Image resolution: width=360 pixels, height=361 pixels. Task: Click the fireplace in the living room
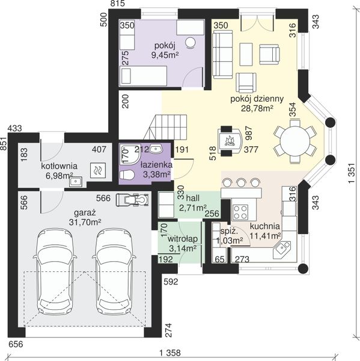[230, 141]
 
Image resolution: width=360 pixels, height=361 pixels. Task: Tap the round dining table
[295, 141]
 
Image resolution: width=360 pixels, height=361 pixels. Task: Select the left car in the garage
[55, 272]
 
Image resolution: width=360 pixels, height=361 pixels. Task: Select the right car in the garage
[114, 272]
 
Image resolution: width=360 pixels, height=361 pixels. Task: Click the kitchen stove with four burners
[240, 212]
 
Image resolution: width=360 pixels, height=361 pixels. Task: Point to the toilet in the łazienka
[127, 174]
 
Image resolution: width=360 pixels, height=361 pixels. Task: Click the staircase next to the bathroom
[165, 127]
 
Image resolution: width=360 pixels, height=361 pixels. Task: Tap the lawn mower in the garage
[132, 200]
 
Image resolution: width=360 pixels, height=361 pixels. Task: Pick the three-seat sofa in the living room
[222, 55]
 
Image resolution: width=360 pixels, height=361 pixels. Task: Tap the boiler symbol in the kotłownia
[98, 170]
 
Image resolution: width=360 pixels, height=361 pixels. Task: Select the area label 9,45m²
[165, 55]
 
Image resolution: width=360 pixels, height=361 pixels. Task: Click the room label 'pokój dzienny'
[257, 99]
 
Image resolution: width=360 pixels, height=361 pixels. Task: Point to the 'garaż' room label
[85, 212]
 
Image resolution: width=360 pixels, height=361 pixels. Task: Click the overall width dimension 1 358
[170, 353]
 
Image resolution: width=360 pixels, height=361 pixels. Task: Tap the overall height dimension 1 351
[352, 173]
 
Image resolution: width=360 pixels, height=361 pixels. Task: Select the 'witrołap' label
[183, 239]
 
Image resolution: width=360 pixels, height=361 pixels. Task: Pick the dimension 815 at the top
[118, 4]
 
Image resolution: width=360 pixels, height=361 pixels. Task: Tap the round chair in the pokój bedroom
[191, 43]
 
